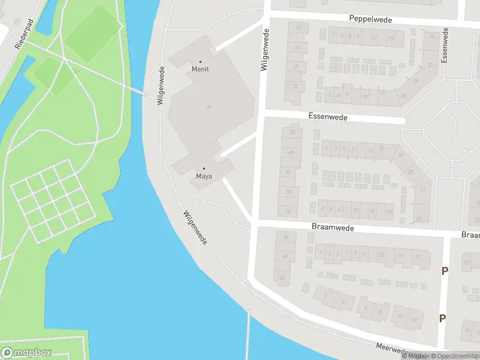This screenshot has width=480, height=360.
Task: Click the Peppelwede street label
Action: (x=371, y=20)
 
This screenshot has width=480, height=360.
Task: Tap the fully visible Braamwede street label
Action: (x=333, y=228)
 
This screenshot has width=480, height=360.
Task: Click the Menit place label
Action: (x=200, y=68)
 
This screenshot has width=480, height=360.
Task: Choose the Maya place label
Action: (x=204, y=176)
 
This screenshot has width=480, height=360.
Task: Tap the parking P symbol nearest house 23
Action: (x=445, y=271)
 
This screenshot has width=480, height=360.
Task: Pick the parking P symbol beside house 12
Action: (x=442, y=319)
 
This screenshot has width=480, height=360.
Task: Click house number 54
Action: (x=288, y=211)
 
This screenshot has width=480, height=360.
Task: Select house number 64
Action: (x=282, y=277)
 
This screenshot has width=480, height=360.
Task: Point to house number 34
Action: (x=295, y=86)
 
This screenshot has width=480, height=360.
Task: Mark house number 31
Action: (x=423, y=190)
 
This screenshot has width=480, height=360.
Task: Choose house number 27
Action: (x=467, y=262)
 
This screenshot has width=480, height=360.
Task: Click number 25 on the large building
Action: (x=208, y=107)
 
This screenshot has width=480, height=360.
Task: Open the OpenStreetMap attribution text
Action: (x=456, y=356)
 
